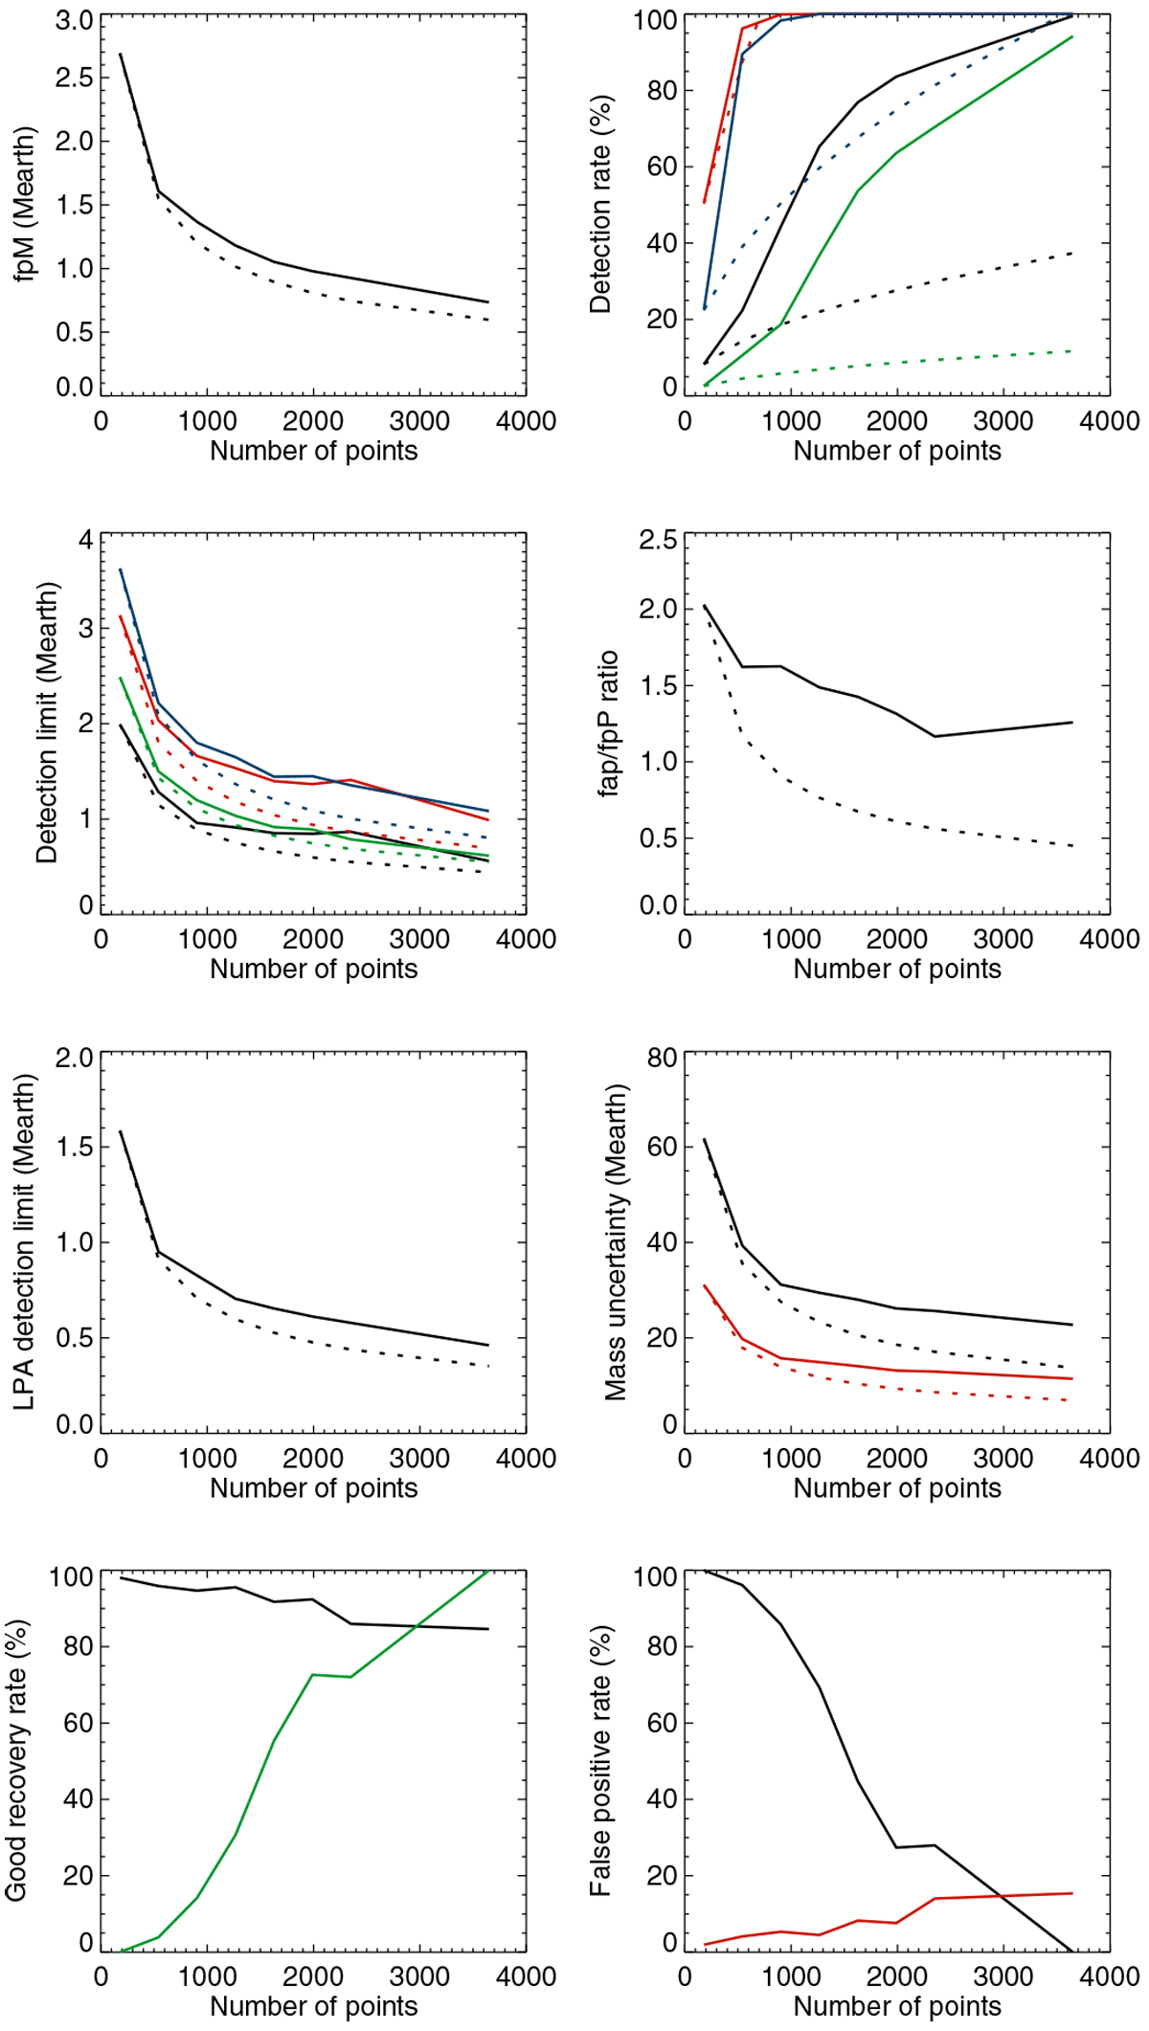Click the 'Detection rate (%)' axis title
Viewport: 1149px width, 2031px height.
pos(600,205)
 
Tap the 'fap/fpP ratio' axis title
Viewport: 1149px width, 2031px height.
pos(609,725)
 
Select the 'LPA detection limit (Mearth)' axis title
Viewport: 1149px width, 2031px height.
pos(25,1241)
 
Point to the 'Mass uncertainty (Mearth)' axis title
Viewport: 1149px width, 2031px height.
pos(616,1242)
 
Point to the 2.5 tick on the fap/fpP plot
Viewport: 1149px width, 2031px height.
pos(658,541)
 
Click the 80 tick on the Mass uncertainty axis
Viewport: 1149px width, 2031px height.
pos(663,1059)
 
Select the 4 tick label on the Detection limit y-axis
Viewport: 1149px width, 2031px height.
pos(86,541)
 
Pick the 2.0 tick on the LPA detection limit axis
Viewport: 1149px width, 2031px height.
pos(74,1059)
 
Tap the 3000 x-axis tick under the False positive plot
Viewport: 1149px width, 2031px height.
pos(1003,1975)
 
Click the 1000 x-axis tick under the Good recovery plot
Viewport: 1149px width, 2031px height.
pos(207,1975)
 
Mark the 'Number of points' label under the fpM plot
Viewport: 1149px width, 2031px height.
pos(314,451)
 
